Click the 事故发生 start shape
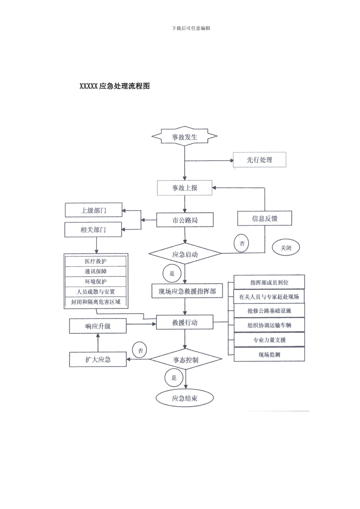(185, 137)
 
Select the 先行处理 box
(260, 160)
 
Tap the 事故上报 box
(185, 188)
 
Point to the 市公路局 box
(185, 220)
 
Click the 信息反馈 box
(265, 219)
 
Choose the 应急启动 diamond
(185, 254)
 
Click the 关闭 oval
(286, 248)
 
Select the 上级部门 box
(94, 210)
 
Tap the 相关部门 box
(94, 230)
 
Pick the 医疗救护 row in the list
(95, 261)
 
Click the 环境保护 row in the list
(95, 282)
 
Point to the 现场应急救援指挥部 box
(187, 291)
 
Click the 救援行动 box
(185, 323)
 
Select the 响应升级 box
(98, 326)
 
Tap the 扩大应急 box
(98, 359)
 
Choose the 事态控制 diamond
(185, 360)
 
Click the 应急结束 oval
(185, 398)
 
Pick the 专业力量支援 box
(269, 340)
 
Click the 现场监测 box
(269, 355)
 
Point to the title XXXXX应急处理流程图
(114, 86)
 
